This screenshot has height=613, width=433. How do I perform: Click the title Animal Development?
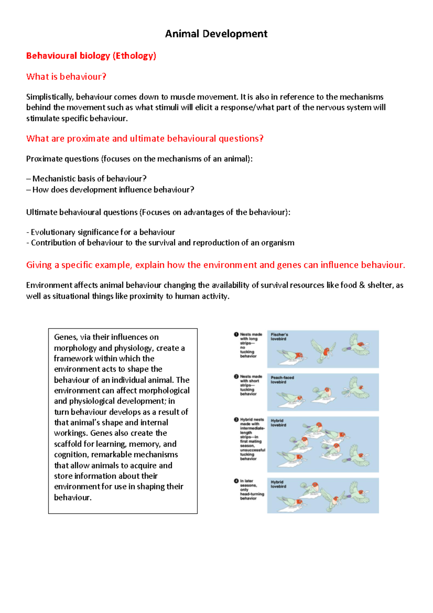(x=216, y=34)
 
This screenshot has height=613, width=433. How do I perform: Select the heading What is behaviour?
(x=66, y=77)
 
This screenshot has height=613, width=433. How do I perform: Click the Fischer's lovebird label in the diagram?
(x=279, y=336)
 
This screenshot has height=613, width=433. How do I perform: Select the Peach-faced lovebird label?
(x=282, y=379)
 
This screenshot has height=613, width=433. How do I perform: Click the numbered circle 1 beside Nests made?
(x=236, y=334)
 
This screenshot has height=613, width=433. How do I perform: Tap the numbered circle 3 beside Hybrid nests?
(x=236, y=419)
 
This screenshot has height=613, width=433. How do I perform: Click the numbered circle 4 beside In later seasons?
(x=236, y=481)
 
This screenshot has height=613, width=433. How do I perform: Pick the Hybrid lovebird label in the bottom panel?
(x=278, y=484)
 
